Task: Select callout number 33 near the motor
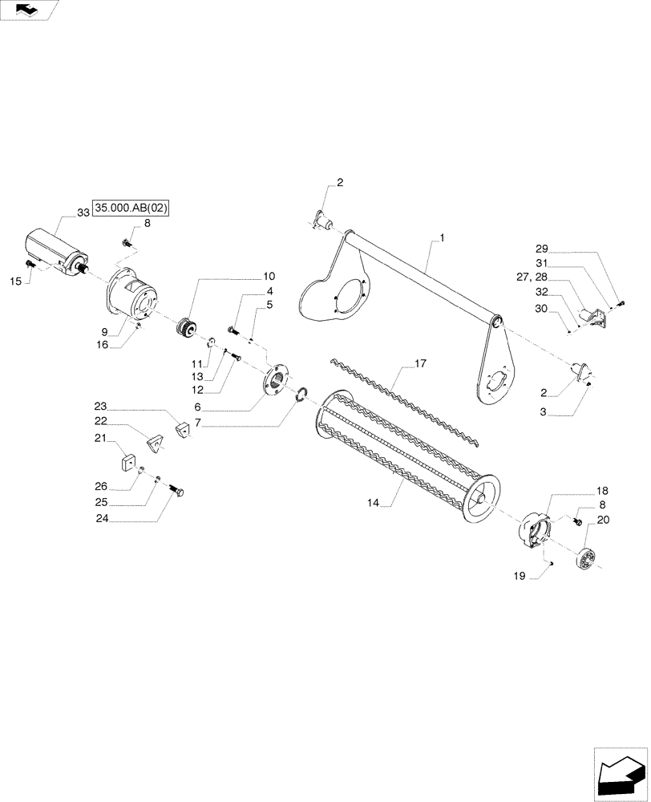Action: point(83,213)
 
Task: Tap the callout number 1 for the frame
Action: point(441,239)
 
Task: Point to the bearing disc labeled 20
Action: point(586,557)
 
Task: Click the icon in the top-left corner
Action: point(30,10)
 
